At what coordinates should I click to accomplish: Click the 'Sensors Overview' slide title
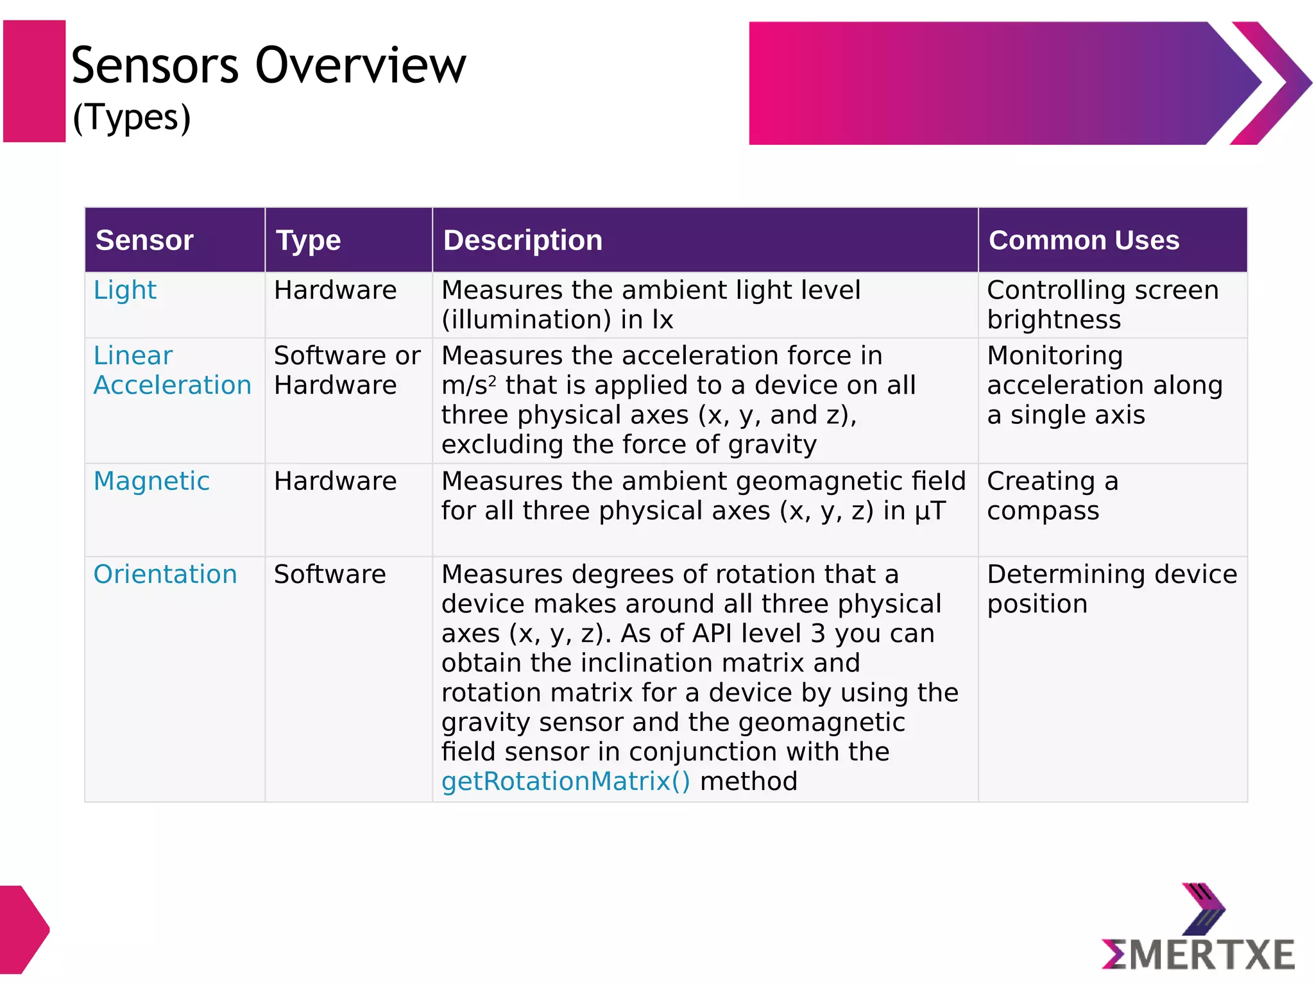(268, 65)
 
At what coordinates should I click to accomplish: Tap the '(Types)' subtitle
(132, 118)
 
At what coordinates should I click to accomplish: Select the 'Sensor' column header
(144, 240)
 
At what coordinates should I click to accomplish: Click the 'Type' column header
(308, 240)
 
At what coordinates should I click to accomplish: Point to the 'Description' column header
(522, 240)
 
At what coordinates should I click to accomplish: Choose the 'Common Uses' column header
(1083, 240)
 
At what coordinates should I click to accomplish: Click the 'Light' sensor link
(125, 290)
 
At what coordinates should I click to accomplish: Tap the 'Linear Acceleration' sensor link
(172, 371)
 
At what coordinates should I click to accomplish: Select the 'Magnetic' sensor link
(151, 481)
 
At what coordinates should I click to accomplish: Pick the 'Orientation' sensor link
(165, 574)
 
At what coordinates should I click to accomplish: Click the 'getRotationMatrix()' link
(565, 781)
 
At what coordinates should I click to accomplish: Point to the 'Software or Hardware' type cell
(346, 371)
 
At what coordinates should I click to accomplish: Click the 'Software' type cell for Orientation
(330, 574)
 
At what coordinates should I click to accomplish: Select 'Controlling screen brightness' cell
(1102, 305)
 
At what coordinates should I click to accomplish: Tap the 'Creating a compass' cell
(1052, 496)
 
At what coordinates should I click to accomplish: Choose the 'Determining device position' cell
(1111, 589)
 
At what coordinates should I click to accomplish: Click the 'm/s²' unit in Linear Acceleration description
(468, 385)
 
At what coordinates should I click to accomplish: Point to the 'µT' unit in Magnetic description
(930, 511)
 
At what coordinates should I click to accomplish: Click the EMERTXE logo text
(1199, 955)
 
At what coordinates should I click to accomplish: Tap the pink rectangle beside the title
(34, 81)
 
